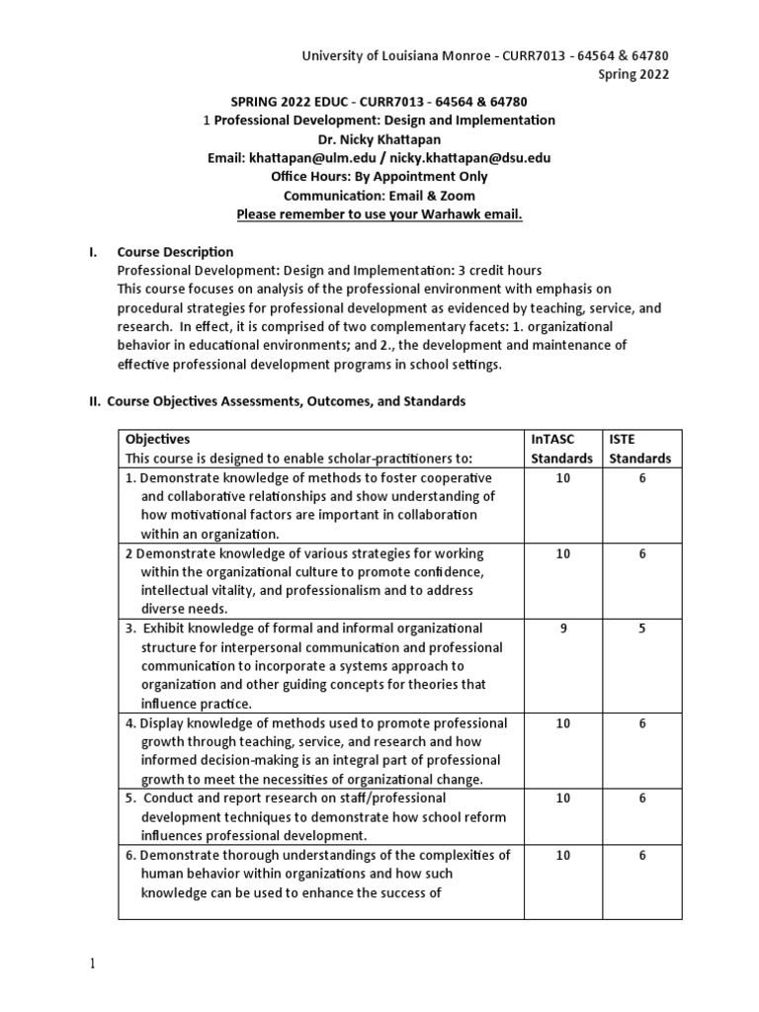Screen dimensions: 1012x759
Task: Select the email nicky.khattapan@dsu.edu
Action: [469, 158]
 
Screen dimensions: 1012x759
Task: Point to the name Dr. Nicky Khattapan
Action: [379, 139]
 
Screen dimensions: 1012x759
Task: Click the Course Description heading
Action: [175, 252]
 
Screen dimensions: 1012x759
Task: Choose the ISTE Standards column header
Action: [639, 449]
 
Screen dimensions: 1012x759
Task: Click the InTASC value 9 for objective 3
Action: [562, 629]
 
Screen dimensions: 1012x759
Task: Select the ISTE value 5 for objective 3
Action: [641, 629]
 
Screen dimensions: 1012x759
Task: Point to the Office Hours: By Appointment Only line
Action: [379, 177]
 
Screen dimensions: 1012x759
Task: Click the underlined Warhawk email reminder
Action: [379, 214]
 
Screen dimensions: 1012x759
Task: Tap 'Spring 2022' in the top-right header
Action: [633, 74]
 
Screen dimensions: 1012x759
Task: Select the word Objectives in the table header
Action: [157, 439]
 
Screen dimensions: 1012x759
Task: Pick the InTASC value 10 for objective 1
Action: [562, 477]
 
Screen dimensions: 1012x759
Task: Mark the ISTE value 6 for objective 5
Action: [641, 798]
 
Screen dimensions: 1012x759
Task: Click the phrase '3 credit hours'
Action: [495, 271]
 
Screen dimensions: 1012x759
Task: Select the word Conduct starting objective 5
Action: [170, 798]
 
